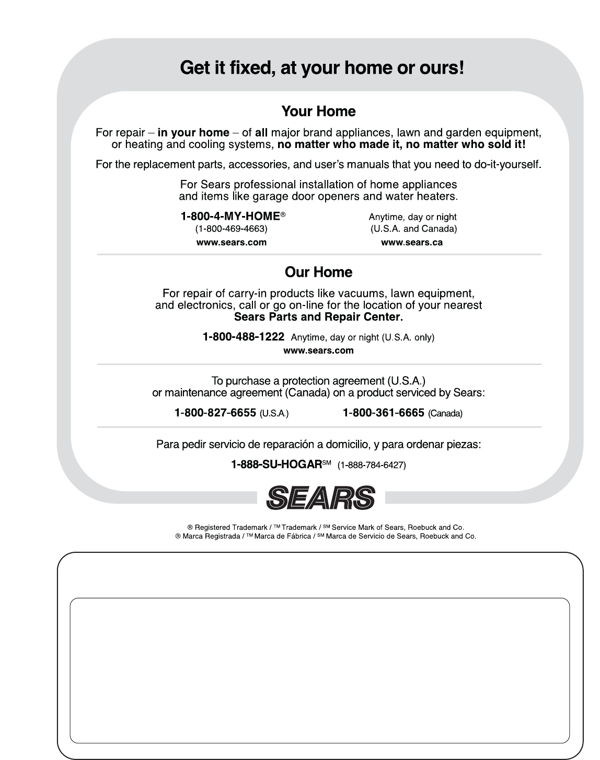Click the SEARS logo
[321, 497]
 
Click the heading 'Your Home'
[318, 111]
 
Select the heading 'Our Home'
[318, 272]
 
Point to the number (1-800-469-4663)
[231, 229]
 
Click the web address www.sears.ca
[412, 242]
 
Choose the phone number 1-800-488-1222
[244, 337]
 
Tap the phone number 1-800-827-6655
[215, 413]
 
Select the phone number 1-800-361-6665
[383, 413]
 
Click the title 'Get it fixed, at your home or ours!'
[321, 68]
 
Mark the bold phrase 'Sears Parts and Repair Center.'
[318, 317]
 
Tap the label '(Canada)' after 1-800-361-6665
[445, 414]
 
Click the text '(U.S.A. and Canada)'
[413, 229]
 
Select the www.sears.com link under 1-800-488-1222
[318, 350]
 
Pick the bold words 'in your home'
[193, 133]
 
